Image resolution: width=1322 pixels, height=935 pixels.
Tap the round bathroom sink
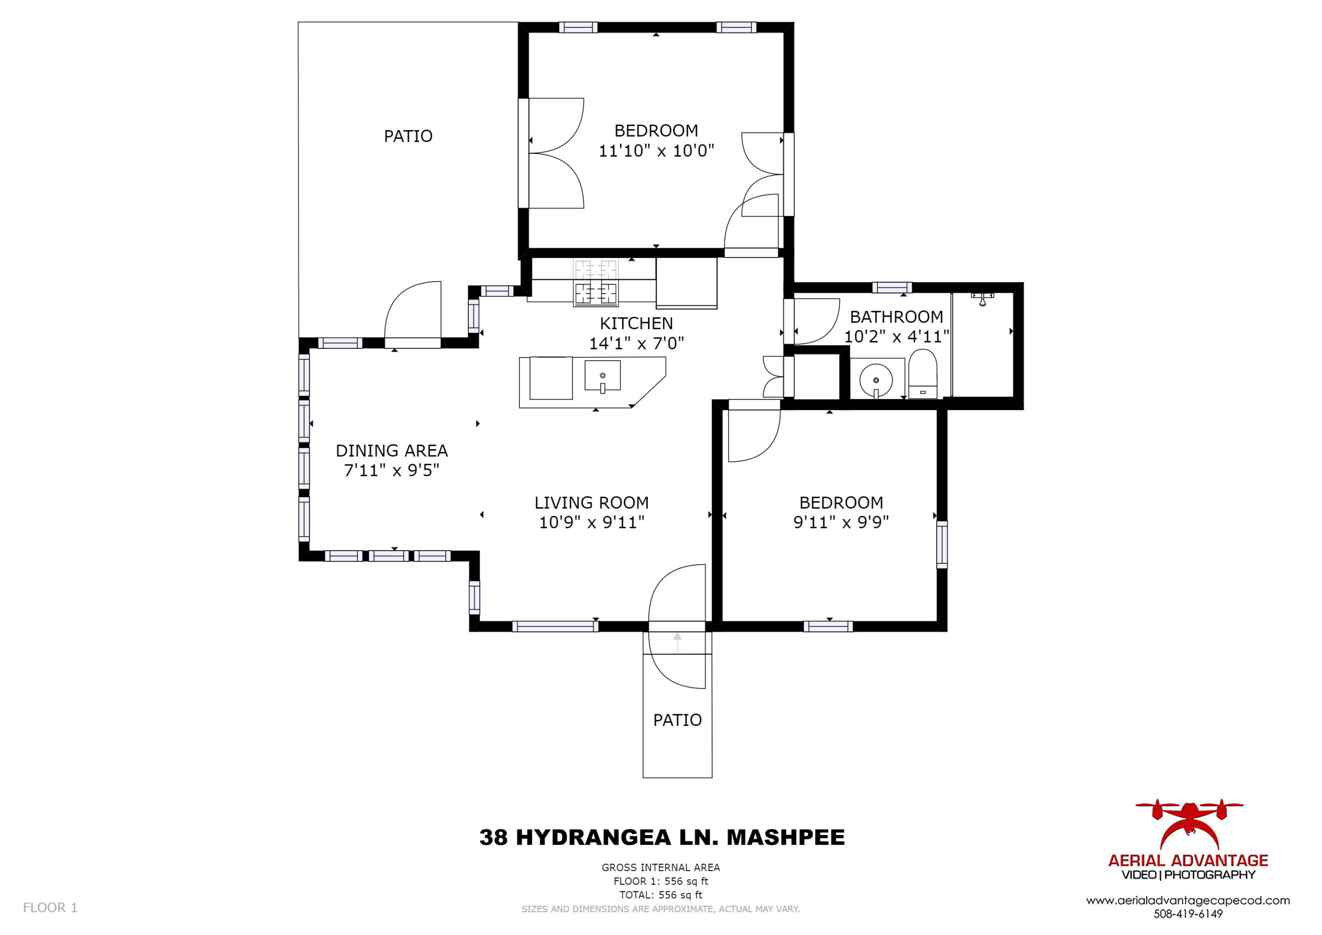tap(876, 380)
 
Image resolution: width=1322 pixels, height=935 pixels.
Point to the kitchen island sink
tap(602, 376)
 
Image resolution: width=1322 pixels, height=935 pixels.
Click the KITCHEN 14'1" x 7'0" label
tap(636, 333)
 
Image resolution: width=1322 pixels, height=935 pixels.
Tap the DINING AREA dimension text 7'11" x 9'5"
tap(392, 471)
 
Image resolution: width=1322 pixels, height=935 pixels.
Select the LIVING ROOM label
tap(591, 503)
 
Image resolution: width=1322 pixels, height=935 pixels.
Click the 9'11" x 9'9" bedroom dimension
tap(841, 522)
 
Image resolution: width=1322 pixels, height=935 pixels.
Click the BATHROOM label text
tap(896, 317)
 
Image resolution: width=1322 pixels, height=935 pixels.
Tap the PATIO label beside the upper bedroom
tap(408, 136)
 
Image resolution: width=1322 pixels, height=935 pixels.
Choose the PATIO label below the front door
tap(677, 720)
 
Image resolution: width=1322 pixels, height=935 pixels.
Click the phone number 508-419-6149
tap(1188, 914)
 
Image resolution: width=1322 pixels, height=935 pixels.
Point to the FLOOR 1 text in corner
tap(50, 907)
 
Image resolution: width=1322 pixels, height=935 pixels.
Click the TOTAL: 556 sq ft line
tap(661, 895)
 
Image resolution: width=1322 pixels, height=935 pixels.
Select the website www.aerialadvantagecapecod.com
tap(1188, 901)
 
